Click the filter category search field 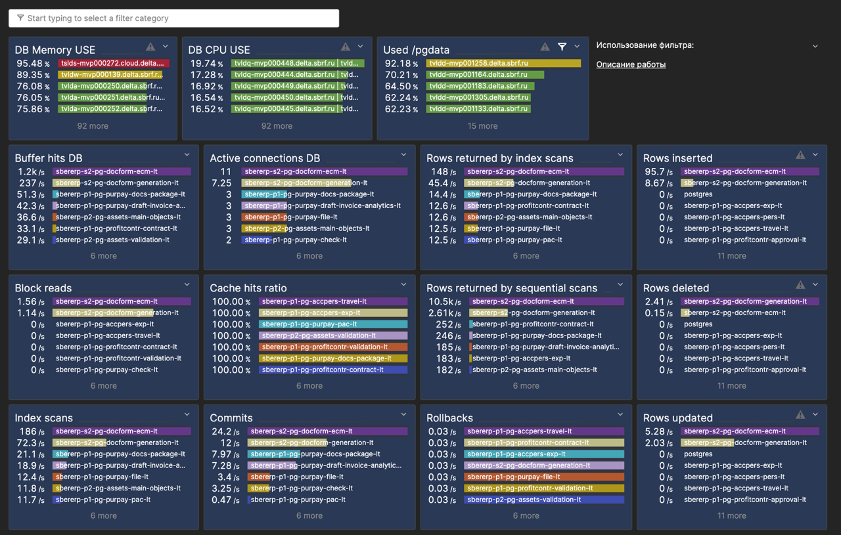173,18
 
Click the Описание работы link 631,64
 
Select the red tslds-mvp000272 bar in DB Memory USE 113,64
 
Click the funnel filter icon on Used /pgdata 562,47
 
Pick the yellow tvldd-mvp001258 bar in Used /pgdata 503,64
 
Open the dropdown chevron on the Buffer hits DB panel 187,155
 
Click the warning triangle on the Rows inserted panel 800,156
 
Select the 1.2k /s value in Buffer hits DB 31,172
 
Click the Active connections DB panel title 265,158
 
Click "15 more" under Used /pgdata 482,126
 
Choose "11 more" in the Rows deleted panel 731,386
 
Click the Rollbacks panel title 449,418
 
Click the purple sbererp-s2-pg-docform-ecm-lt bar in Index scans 122,431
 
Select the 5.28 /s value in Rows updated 658,432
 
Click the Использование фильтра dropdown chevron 815,47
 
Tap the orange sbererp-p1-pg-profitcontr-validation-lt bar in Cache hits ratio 333,347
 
